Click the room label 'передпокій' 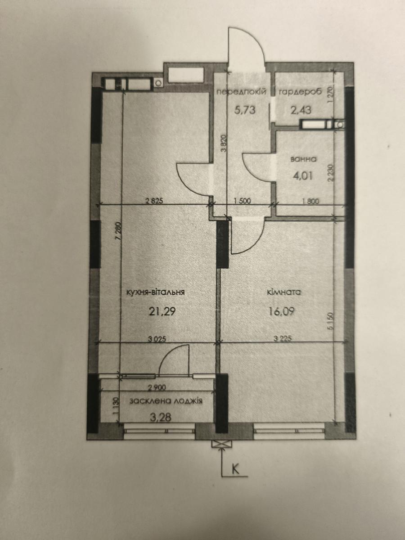[241, 92]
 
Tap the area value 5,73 [245, 109]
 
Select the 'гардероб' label [300, 92]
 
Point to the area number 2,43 [301, 110]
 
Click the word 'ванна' [303, 159]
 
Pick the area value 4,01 [303, 176]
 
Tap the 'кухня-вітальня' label [155, 292]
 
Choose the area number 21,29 [162, 311]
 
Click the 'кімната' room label [284, 292]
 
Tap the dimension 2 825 [154, 201]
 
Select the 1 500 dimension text [242, 201]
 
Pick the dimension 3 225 [283, 338]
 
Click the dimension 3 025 [157, 338]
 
